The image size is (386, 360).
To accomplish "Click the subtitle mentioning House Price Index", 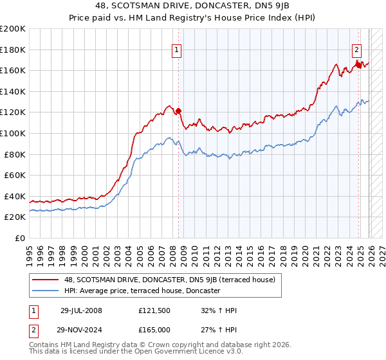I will coord(192,18).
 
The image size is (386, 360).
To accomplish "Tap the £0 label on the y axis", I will coord(19,238).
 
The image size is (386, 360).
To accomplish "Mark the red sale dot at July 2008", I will coord(178,111).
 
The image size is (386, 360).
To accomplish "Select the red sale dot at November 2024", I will coord(358,65).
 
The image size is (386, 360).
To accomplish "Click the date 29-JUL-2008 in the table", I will coord(81,310).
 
